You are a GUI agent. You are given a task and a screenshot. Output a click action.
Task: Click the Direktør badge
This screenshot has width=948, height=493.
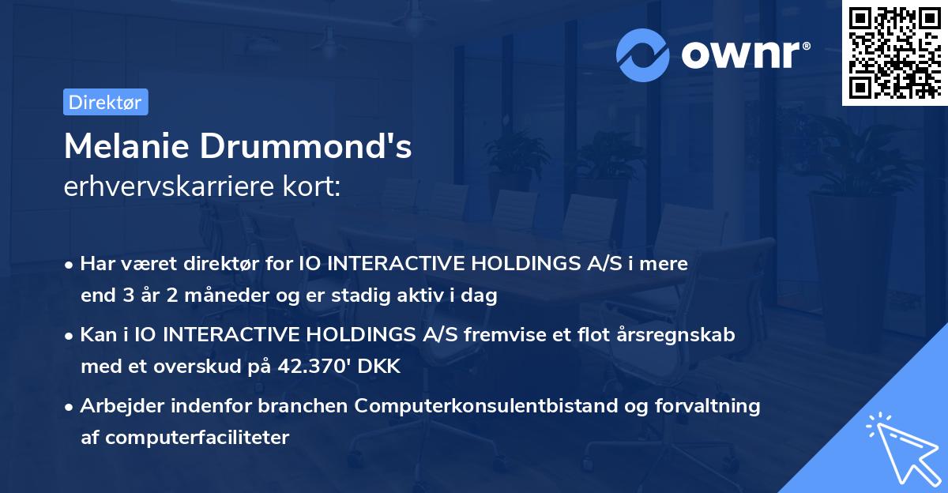(105, 102)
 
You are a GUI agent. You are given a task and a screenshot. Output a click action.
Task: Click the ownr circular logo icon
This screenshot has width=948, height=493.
(644, 55)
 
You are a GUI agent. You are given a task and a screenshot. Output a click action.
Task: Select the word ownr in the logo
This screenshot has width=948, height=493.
(743, 55)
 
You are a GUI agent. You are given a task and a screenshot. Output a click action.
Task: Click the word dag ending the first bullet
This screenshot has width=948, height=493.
(481, 295)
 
